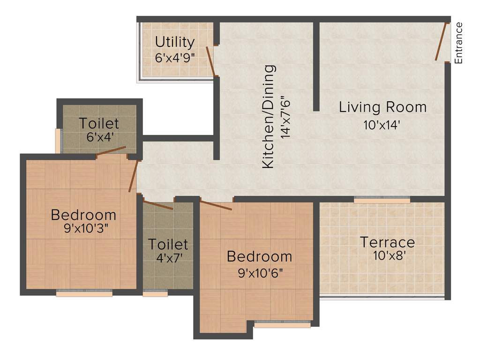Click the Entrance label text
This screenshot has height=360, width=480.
(458, 43)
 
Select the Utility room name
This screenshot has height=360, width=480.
(175, 42)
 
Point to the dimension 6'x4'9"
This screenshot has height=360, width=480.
(175, 58)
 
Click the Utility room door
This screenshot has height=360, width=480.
(211, 61)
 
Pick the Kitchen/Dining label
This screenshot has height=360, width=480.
(268, 117)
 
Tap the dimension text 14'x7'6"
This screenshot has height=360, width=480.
(284, 117)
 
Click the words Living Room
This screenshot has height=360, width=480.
(382, 107)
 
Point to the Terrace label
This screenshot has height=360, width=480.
(387, 242)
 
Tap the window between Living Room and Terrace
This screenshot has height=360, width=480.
(382, 200)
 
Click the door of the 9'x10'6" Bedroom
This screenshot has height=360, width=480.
(216, 205)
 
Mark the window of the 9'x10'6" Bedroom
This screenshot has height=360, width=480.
(282, 323)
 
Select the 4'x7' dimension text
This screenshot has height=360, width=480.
(168, 257)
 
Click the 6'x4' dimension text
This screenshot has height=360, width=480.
(99, 137)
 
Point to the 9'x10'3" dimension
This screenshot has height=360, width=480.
(83, 230)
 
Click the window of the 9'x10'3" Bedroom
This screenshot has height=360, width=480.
(84, 293)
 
